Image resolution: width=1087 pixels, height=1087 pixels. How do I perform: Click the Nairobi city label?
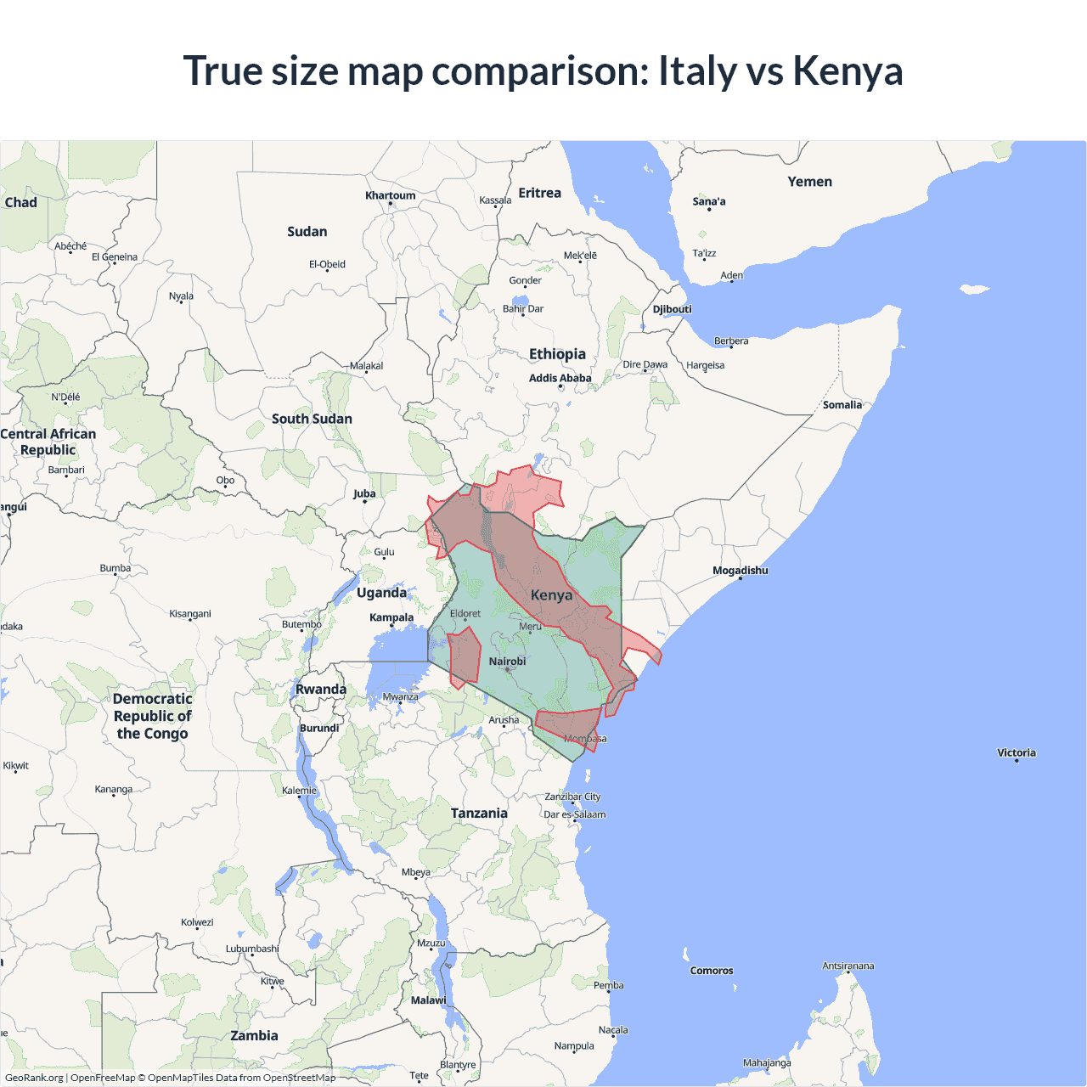coord(507,662)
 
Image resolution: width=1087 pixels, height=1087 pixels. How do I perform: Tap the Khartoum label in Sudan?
coord(391,195)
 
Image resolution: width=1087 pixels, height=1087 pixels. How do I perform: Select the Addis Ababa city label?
coord(560,378)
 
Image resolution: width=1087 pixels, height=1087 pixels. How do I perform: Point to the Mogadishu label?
coord(740,571)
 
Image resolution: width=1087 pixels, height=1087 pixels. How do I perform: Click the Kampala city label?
coord(391,617)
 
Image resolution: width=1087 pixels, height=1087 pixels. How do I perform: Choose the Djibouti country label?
coord(672,309)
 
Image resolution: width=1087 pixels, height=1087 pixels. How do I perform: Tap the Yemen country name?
coord(809,182)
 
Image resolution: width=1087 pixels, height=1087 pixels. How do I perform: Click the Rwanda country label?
coord(320,690)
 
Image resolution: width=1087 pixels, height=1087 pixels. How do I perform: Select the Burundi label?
coord(319,728)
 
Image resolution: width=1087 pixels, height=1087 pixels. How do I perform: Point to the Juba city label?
coord(364,493)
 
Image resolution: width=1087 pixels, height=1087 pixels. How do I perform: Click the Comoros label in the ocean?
coord(712,971)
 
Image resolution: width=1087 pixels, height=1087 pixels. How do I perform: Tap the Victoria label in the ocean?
coord(1016,752)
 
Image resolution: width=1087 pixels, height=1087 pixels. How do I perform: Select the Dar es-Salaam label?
coord(575,814)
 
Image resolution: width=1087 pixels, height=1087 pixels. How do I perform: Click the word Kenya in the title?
coord(848,70)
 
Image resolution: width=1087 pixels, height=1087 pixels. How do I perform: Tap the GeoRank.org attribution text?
coord(34,1078)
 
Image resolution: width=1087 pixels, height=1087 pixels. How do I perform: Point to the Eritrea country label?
coord(539,193)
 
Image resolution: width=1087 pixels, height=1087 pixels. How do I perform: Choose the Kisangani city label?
coord(190,613)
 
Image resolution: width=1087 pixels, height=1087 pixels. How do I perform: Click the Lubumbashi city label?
coord(252,949)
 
